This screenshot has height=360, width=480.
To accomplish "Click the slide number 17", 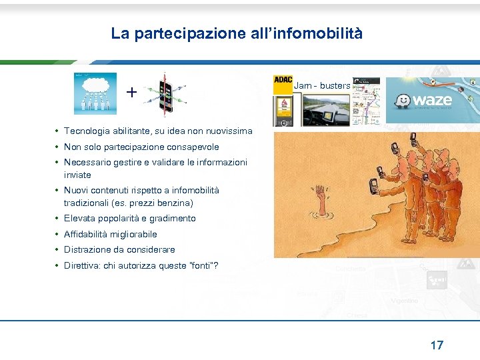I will [437, 345].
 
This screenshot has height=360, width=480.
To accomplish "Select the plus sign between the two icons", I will [132, 93].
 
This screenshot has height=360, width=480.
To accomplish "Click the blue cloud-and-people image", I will [95, 93].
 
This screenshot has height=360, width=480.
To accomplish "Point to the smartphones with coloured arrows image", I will [164, 93].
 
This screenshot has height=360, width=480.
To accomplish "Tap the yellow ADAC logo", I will [283, 81].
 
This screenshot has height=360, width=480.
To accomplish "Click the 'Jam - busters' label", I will [322, 86].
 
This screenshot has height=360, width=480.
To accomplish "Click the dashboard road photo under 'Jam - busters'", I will [325, 109].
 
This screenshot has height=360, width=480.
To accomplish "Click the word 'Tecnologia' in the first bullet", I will [87, 131].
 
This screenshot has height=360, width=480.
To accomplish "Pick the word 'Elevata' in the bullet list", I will [79, 218].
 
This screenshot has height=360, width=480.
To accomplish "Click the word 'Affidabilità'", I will [88, 234].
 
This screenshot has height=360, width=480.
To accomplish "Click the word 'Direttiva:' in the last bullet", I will [83, 265].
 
